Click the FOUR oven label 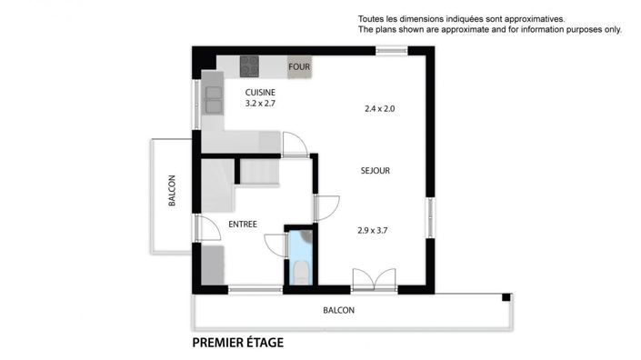[299, 67]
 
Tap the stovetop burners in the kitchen [250, 66]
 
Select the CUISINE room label [260, 92]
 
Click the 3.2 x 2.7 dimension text [260, 104]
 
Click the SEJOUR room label [375, 170]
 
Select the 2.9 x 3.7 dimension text [373, 230]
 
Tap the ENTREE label [242, 224]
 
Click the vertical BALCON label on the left [172, 192]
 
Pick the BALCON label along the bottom [338, 310]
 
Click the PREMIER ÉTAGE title [237, 343]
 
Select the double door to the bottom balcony [374, 282]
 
